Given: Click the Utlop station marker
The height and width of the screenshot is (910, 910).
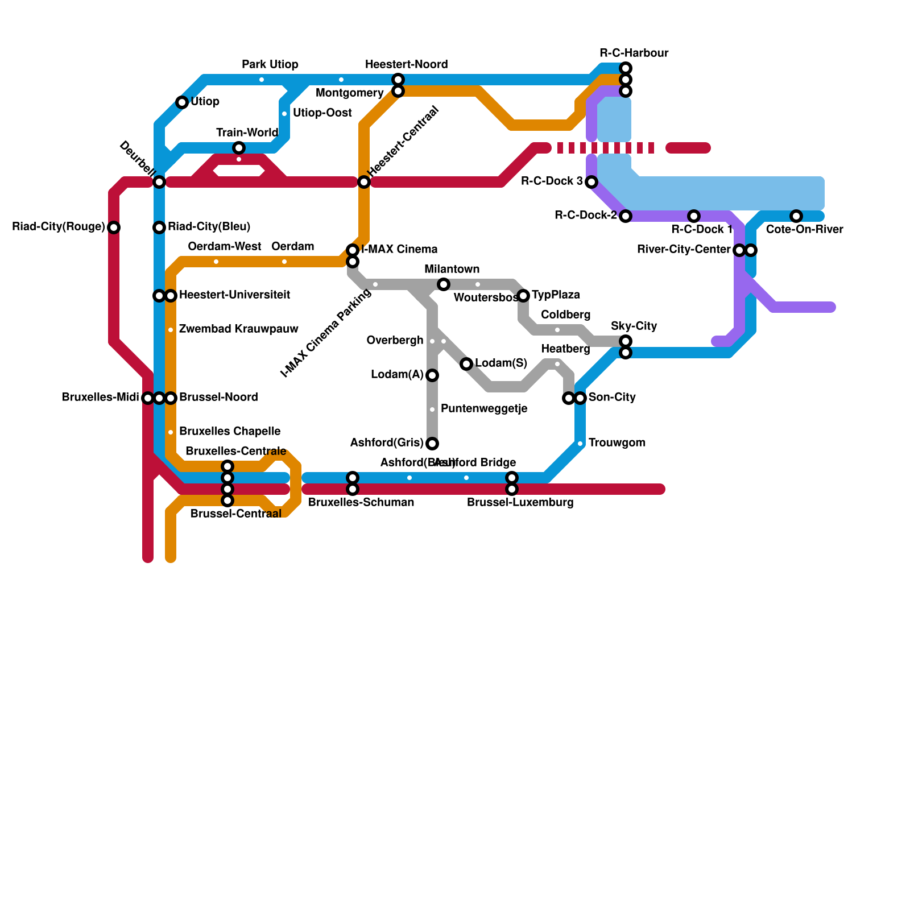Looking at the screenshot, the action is [x=182, y=102].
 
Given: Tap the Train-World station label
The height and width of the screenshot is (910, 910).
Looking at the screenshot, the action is [x=247, y=133].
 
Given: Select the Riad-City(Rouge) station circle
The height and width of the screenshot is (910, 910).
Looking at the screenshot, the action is [x=114, y=227].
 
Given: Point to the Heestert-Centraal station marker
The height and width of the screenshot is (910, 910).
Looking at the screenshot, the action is [x=364, y=182].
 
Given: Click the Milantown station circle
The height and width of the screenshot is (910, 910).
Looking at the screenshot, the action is [x=444, y=284].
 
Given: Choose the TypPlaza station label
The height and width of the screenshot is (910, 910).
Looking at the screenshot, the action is [x=556, y=295].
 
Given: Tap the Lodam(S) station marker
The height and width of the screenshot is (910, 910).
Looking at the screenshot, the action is [x=466, y=364].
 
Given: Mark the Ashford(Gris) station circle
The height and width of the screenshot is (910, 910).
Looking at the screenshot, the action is [x=432, y=444].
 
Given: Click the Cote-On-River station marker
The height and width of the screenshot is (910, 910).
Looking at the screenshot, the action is [x=796, y=216].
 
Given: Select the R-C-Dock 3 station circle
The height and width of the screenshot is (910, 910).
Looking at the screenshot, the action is [x=591, y=182].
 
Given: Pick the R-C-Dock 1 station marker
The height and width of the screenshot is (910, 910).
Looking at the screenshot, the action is [x=694, y=216].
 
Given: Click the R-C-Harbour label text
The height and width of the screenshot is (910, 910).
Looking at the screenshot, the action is [x=634, y=53].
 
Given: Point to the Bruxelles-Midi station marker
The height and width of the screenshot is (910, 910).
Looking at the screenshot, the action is [x=148, y=398].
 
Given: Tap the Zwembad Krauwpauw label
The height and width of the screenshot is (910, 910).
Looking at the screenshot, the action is [x=238, y=329].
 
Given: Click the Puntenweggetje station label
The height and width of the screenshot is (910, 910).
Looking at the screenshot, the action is [x=483, y=409].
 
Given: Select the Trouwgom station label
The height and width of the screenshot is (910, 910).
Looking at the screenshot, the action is [x=617, y=443].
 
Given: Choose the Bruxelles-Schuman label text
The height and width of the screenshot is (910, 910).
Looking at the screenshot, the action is [x=361, y=503].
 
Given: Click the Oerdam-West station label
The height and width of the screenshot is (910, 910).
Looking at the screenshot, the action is [x=224, y=247].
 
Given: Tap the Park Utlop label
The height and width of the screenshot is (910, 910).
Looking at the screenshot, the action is [x=270, y=65].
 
